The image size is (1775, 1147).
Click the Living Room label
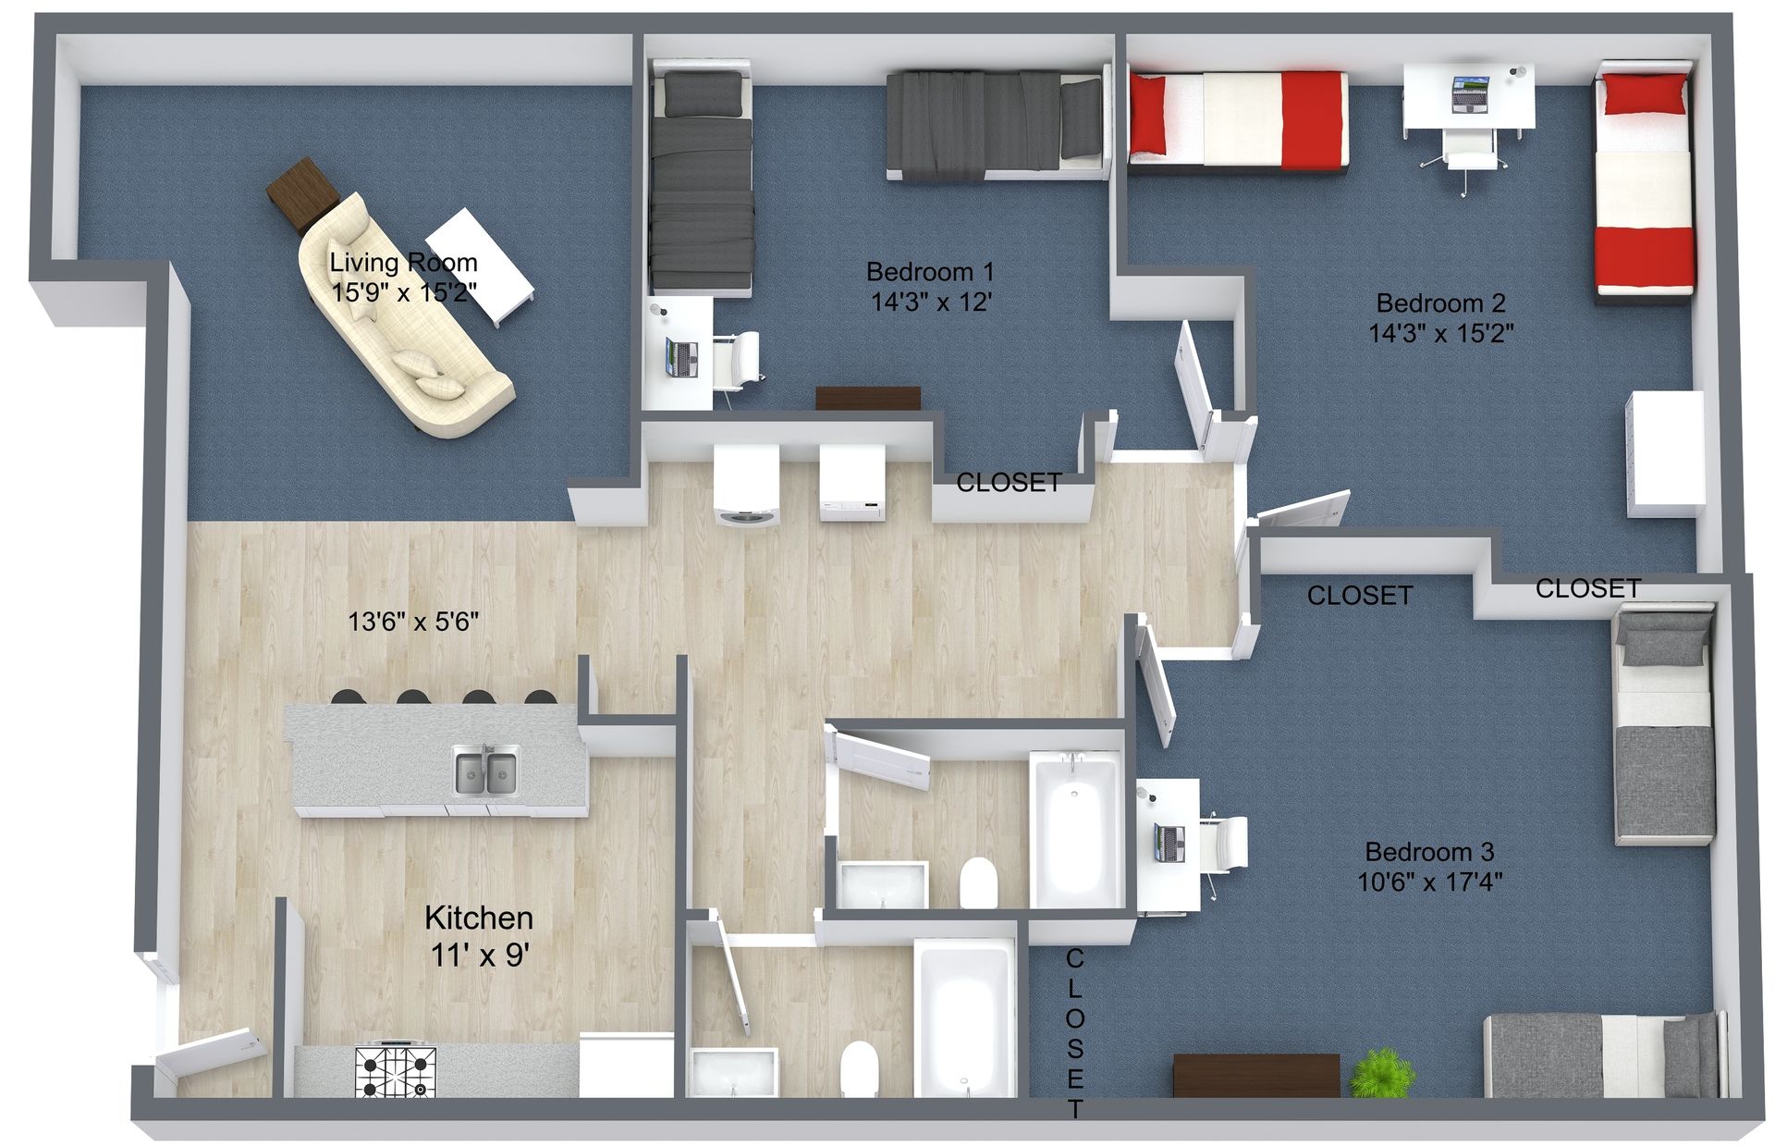coord(403,263)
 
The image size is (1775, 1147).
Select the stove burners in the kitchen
coord(396,1071)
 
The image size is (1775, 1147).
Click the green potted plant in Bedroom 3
coord(1374,1073)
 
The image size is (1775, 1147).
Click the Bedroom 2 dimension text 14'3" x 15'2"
coord(1441,333)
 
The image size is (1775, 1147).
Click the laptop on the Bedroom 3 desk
coord(1169,843)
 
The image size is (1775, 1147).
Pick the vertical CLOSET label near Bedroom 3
coord(1075,1032)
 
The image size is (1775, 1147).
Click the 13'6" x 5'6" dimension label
coord(413,622)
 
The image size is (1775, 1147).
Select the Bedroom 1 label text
coord(930,272)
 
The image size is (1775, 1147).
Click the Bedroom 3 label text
coord(1429,852)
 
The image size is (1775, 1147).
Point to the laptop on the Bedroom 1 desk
coord(683,359)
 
